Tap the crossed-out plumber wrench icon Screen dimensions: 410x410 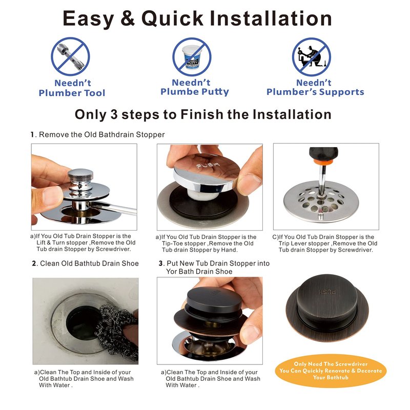[x=70, y=57]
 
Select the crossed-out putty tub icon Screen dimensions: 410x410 [x=192, y=57]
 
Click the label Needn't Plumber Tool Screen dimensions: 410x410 [x=72, y=88]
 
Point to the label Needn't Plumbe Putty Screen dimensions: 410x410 [x=195, y=87]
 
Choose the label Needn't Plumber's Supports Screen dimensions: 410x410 [x=315, y=87]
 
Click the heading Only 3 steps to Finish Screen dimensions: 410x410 [x=203, y=114]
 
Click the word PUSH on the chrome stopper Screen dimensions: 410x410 [x=208, y=165]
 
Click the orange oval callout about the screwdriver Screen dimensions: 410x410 [x=331, y=371]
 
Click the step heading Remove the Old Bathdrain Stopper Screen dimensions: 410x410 [x=97, y=135]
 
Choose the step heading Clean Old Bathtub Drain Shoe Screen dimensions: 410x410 [x=85, y=263]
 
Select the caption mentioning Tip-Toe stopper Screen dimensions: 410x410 [x=206, y=243]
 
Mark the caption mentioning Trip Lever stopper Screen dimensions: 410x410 [x=325, y=243]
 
